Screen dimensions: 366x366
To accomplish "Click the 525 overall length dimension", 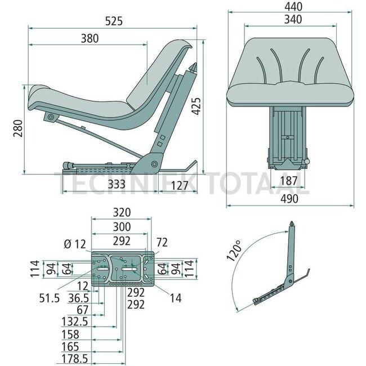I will (111, 21).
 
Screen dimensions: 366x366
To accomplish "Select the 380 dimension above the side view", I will (89, 39).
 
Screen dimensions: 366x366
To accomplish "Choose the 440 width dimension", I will (293, 7).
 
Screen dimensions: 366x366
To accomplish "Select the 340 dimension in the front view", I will (293, 20).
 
